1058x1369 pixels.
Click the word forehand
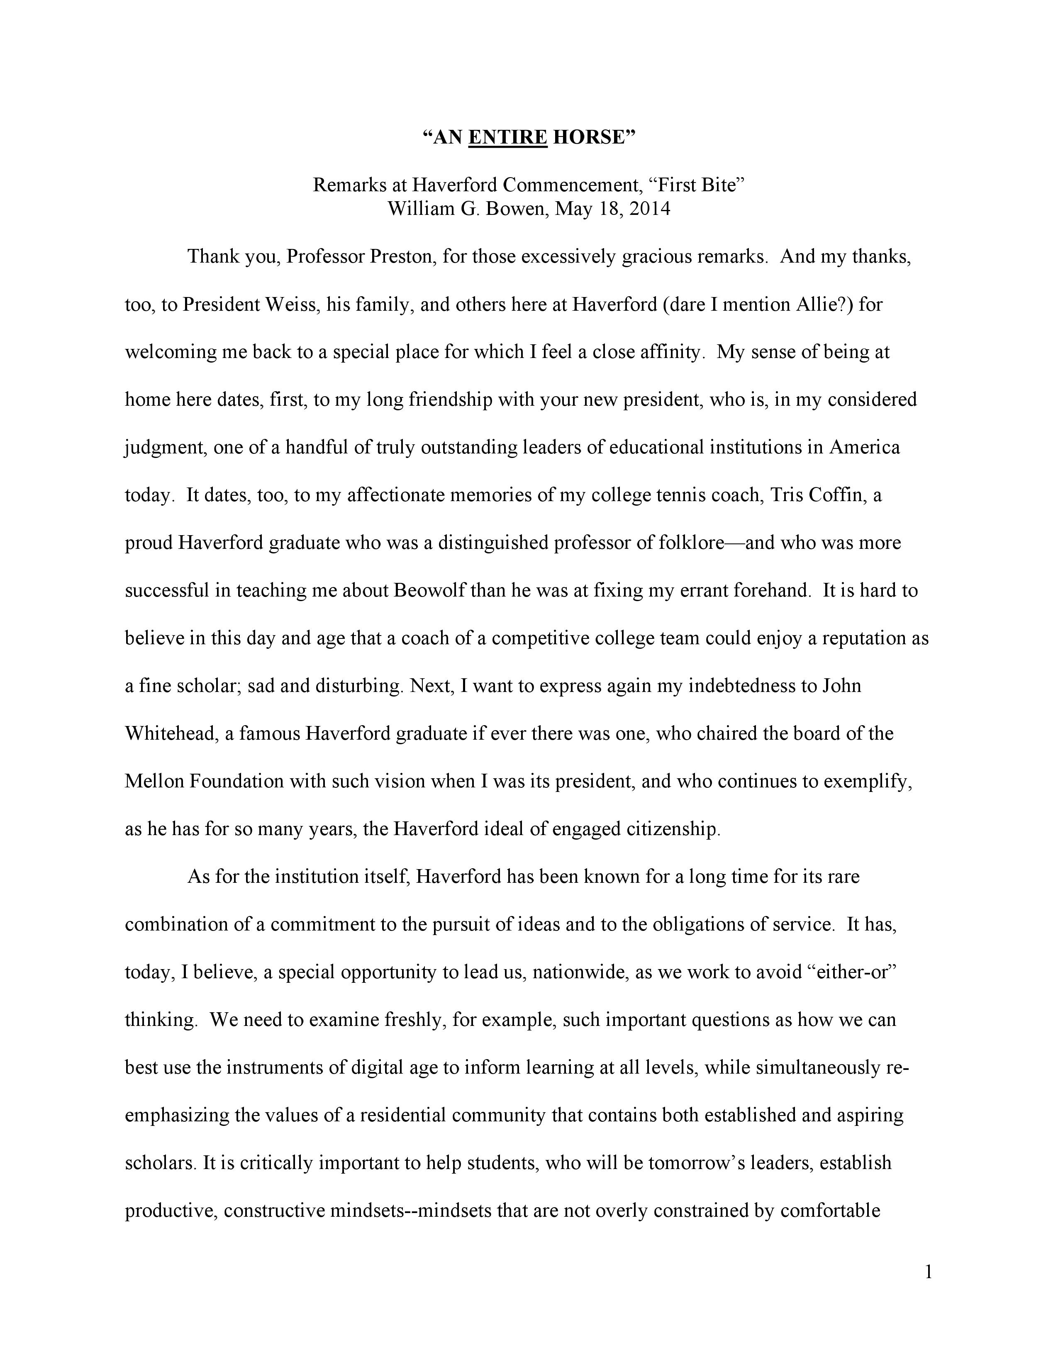(x=770, y=590)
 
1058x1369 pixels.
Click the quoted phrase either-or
(x=849, y=972)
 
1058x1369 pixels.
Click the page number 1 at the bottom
(x=928, y=1273)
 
